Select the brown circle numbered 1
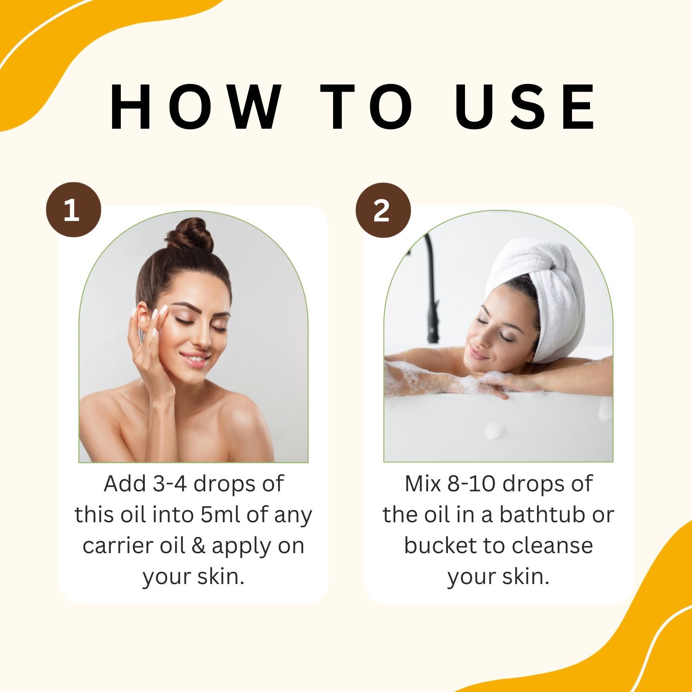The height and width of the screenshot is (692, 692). (x=73, y=210)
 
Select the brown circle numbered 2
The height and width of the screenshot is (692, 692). (x=382, y=210)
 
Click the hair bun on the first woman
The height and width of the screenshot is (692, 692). (x=190, y=235)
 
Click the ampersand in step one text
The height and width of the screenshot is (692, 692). (x=198, y=546)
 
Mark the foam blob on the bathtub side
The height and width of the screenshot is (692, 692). (x=495, y=430)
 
